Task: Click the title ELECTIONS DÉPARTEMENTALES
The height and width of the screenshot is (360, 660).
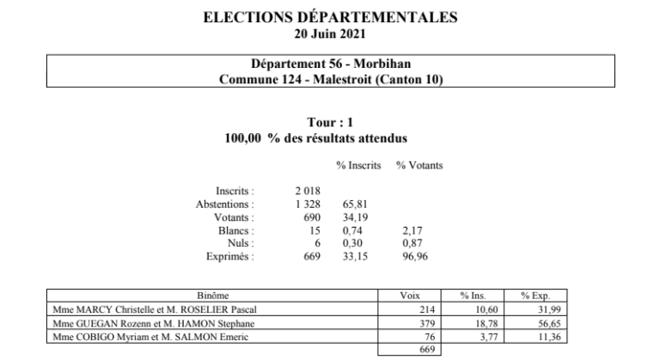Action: tap(331, 16)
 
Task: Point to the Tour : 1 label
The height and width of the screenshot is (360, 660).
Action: tap(331, 124)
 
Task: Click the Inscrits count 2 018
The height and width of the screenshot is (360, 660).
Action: tap(308, 190)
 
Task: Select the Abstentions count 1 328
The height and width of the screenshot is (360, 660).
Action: tap(308, 204)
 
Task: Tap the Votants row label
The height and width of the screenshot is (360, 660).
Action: tap(236, 217)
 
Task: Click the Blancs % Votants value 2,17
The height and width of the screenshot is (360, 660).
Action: tap(412, 230)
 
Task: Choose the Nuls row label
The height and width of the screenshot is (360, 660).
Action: tap(241, 243)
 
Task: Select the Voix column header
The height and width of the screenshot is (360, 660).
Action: tap(410, 295)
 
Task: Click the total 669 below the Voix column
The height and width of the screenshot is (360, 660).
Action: tap(425, 351)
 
